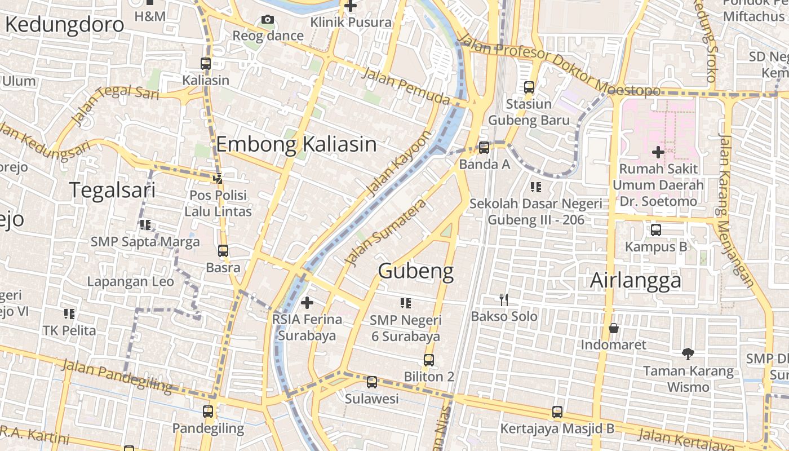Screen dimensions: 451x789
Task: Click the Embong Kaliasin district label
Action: click(x=296, y=144)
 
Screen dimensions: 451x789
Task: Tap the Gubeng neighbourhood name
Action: click(x=416, y=271)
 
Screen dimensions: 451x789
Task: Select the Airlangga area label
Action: click(x=636, y=280)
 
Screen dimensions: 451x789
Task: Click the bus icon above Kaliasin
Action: click(x=206, y=64)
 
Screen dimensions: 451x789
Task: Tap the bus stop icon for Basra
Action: click(x=223, y=251)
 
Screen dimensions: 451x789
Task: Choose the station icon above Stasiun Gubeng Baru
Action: click(x=529, y=87)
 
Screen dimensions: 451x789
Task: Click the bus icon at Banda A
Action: click(x=484, y=148)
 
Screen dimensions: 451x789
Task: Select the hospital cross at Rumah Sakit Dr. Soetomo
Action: click(x=658, y=152)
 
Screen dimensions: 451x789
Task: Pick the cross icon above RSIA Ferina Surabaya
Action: click(x=307, y=303)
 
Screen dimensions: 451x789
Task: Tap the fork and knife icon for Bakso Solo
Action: click(x=504, y=300)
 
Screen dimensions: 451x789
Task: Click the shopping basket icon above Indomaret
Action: click(x=614, y=328)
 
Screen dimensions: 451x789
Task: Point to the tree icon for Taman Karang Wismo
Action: click(x=688, y=354)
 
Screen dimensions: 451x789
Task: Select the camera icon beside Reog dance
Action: click(x=268, y=20)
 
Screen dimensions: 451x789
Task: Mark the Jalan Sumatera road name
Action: click(x=385, y=232)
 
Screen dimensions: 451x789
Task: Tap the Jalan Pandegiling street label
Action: click(x=117, y=375)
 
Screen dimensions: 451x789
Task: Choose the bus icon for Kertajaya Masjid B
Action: click(x=557, y=412)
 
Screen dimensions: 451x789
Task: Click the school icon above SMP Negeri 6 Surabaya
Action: click(x=405, y=303)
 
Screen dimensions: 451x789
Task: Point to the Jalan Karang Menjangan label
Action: click(x=735, y=213)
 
